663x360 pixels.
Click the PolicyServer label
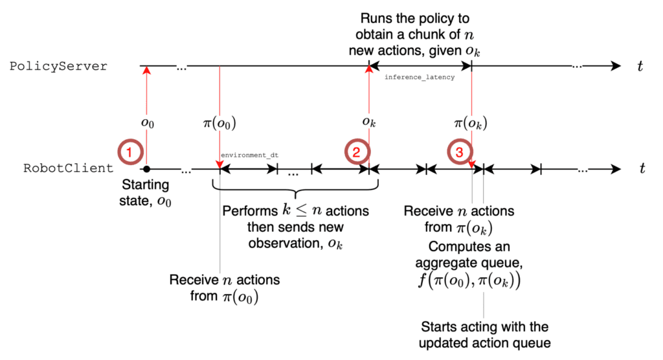pos(58,67)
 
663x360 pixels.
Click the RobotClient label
pos(69,168)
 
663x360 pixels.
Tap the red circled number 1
pos(130,152)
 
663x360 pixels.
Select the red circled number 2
pos(357,152)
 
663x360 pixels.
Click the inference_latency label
pos(420,78)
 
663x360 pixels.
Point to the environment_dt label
pos(249,155)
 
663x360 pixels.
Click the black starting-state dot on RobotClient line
pos(147,169)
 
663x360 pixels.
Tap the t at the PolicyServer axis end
pos(640,67)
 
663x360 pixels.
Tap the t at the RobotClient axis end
pos(642,168)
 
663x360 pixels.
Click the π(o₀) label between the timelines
pos(219,123)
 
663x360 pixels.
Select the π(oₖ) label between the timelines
pos(471,123)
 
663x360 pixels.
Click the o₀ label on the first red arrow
pos(148,123)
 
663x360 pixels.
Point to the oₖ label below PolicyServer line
pos(369,122)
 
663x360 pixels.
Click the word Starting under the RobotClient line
pos(146,185)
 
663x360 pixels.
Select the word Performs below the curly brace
pos(250,210)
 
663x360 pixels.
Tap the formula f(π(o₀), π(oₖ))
pos(469,280)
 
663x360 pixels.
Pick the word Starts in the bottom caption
pos(438,326)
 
